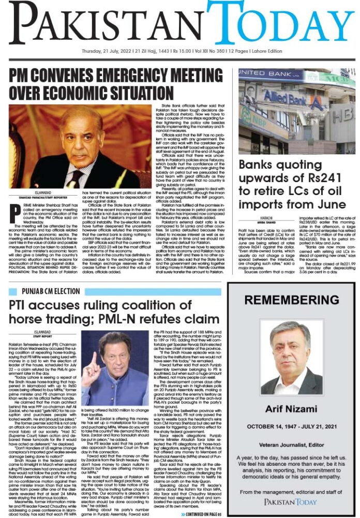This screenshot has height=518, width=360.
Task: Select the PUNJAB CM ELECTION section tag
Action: [x=51, y=291]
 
